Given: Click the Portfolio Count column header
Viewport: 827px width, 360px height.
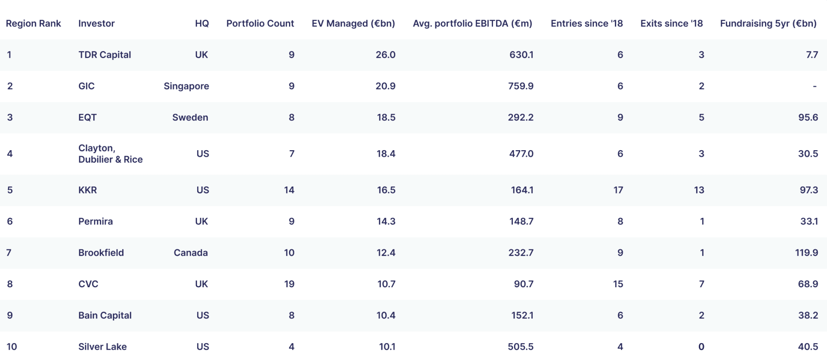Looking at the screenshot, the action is click(260, 23).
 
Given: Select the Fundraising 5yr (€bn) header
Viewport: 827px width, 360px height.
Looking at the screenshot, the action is click(768, 24).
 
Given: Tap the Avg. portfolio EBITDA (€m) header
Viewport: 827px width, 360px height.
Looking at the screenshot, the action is click(472, 24).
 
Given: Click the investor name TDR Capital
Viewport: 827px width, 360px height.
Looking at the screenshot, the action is click(104, 55).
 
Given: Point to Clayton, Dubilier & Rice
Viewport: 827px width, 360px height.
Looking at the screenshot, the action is click(110, 154).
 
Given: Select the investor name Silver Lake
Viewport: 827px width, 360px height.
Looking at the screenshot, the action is click(103, 346).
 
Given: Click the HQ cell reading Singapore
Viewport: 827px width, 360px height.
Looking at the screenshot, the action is click(186, 86).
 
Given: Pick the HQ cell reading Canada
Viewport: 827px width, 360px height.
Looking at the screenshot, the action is click(191, 253).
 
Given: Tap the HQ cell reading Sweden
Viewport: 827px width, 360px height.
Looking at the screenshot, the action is click(190, 118).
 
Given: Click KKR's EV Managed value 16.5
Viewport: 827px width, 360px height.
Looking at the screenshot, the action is click(386, 190).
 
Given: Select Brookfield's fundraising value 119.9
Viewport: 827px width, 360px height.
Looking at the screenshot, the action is click(806, 253).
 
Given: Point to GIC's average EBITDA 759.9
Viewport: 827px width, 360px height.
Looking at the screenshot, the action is click(521, 86).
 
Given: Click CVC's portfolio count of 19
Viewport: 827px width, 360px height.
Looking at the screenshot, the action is click(289, 284).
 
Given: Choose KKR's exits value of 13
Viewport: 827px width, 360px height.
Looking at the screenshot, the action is click(699, 190).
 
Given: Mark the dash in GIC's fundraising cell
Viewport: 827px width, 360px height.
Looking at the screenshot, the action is click(814, 86).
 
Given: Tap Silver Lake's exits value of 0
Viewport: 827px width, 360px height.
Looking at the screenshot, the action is click(701, 346).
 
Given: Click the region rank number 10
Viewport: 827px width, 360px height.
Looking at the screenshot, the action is click(12, 346).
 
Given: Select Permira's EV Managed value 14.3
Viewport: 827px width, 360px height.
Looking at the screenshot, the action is click(386, 222).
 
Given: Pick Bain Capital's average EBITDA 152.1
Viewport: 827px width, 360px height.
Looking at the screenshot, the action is click(522, 315).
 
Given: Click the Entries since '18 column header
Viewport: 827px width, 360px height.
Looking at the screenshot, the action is click(586, 23).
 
